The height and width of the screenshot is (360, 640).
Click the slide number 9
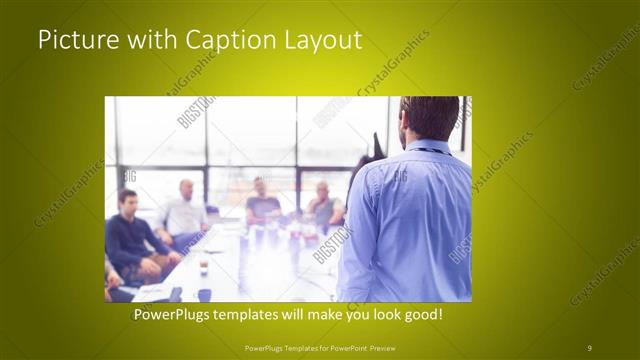pyautogui.click(x=589, y=347)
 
